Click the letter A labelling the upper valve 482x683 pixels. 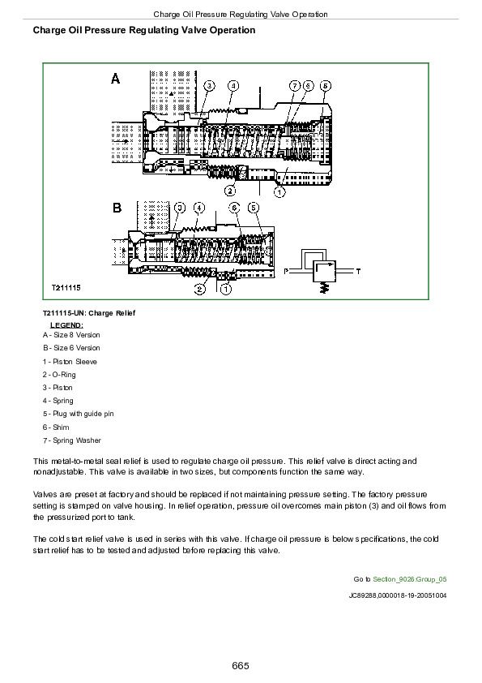coord(116,79)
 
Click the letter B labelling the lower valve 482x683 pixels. coord(116,208)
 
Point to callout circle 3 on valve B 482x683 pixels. coord(180,208)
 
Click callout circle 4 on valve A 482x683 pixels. coord(233,85)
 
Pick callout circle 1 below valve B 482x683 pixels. coord(226,288)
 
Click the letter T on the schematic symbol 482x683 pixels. coord(359,268)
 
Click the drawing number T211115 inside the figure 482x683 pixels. coord(66,288)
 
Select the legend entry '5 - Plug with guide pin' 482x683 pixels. coord(79,414)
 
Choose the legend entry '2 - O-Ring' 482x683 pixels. coord(59,375)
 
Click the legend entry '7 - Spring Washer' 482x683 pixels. coord(71,440)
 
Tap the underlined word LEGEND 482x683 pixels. coord(66,324)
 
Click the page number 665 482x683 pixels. coord(241,666)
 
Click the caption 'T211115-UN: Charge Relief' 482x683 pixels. coord(89,312)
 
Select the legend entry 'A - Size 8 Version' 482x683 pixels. coord(71,334)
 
